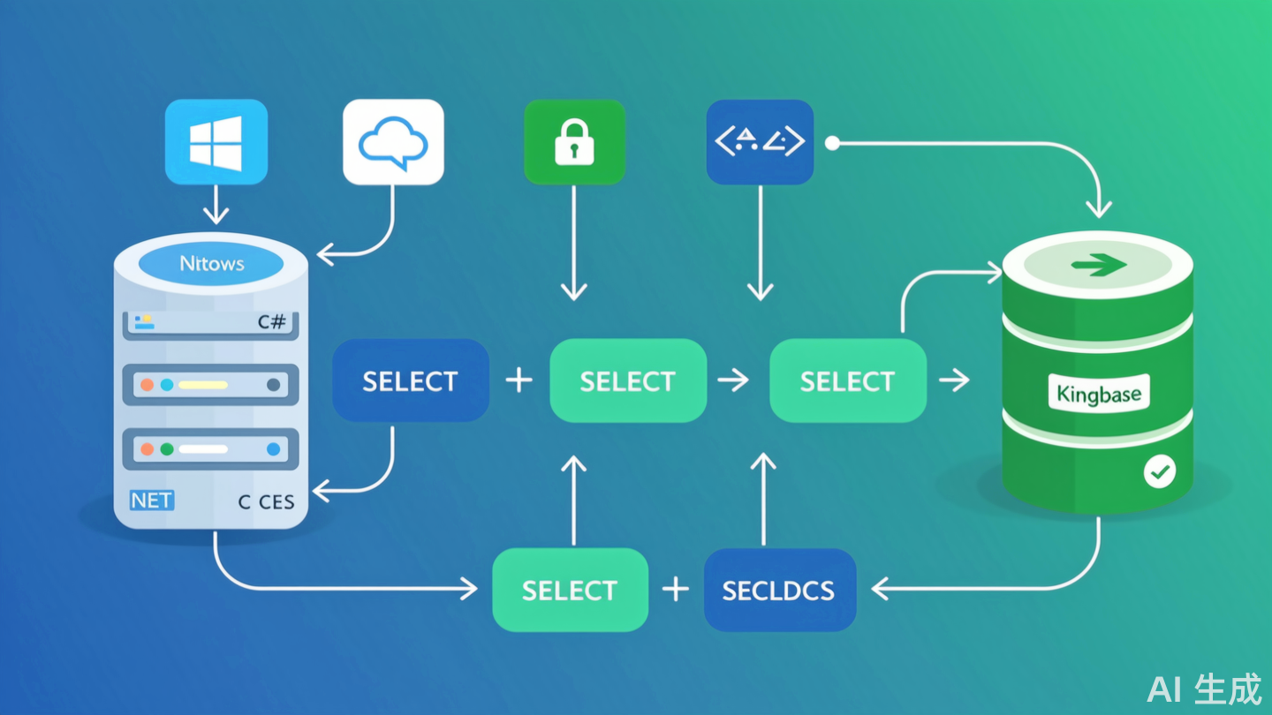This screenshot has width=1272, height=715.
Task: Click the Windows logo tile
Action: tap(216, 142)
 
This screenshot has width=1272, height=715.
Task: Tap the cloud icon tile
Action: tap(393, 142)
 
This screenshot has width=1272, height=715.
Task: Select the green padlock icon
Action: tap(574, 142)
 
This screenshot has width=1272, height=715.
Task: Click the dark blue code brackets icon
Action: tap(760, 142)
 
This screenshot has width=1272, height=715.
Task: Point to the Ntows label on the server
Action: tap(212, 263)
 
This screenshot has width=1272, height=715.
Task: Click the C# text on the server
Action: tap(272, 322)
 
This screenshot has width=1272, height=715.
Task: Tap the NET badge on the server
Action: tap(152, 500)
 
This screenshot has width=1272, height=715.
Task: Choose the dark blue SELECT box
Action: tap(411, 380)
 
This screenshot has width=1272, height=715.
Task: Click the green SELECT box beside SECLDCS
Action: tap(570, 590)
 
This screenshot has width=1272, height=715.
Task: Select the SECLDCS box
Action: tap(779, 590)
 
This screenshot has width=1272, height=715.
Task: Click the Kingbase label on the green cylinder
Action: tap(1099, 393)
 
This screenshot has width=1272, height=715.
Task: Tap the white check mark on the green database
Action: tap(1160, 472)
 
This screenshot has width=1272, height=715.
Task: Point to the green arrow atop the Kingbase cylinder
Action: tap(1098, 264)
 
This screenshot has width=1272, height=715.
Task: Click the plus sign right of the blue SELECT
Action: tap(519, 380)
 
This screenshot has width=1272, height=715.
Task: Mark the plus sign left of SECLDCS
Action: tap(676, 590)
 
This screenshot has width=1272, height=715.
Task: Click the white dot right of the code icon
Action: tap(831, 143)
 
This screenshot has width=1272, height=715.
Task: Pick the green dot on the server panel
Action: tap(167, 449)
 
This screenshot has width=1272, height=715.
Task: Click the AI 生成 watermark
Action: tap(1204, 689)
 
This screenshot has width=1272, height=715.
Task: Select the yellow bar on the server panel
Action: tap(203, 385)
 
